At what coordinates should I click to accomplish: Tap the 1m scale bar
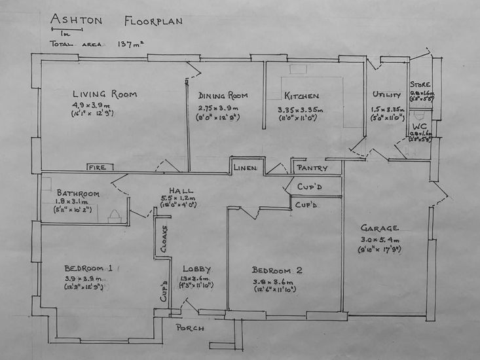65,28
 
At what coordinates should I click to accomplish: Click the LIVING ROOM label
105,94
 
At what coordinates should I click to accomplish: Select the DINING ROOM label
222,95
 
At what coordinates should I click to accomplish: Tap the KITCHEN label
301,96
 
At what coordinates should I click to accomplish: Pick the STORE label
420,85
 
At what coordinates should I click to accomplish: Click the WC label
419,128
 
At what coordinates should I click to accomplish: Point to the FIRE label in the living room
97,168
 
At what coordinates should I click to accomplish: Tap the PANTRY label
312,168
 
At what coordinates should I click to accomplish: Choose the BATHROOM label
78,193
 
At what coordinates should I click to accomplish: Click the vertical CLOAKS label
164,239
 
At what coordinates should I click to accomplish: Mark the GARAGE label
380,228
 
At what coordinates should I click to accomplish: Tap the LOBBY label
196,269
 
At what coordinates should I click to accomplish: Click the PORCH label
191,328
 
